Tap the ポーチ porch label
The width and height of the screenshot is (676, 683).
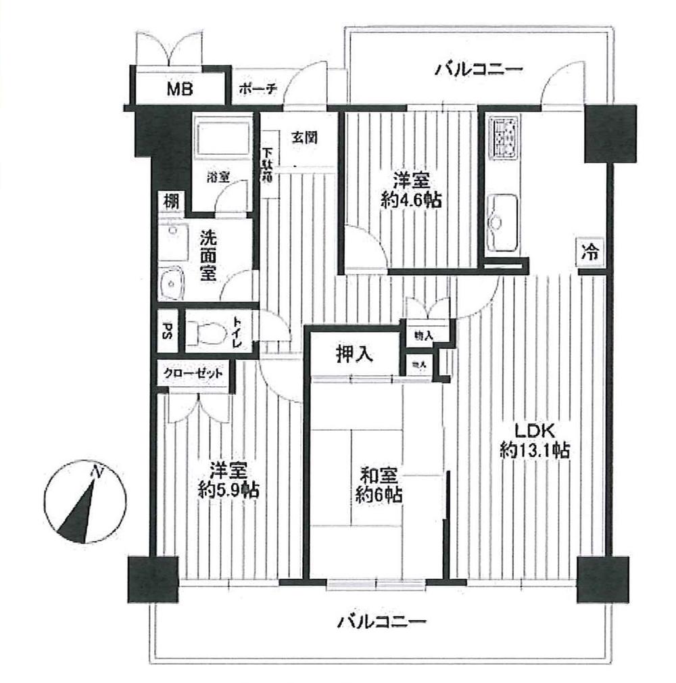258,89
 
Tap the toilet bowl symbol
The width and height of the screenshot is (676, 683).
207,332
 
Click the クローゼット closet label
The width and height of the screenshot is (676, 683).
193,373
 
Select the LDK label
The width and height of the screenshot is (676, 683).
533,430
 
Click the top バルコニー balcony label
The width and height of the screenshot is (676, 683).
479,68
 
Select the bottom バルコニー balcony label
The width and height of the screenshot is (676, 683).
382,621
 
